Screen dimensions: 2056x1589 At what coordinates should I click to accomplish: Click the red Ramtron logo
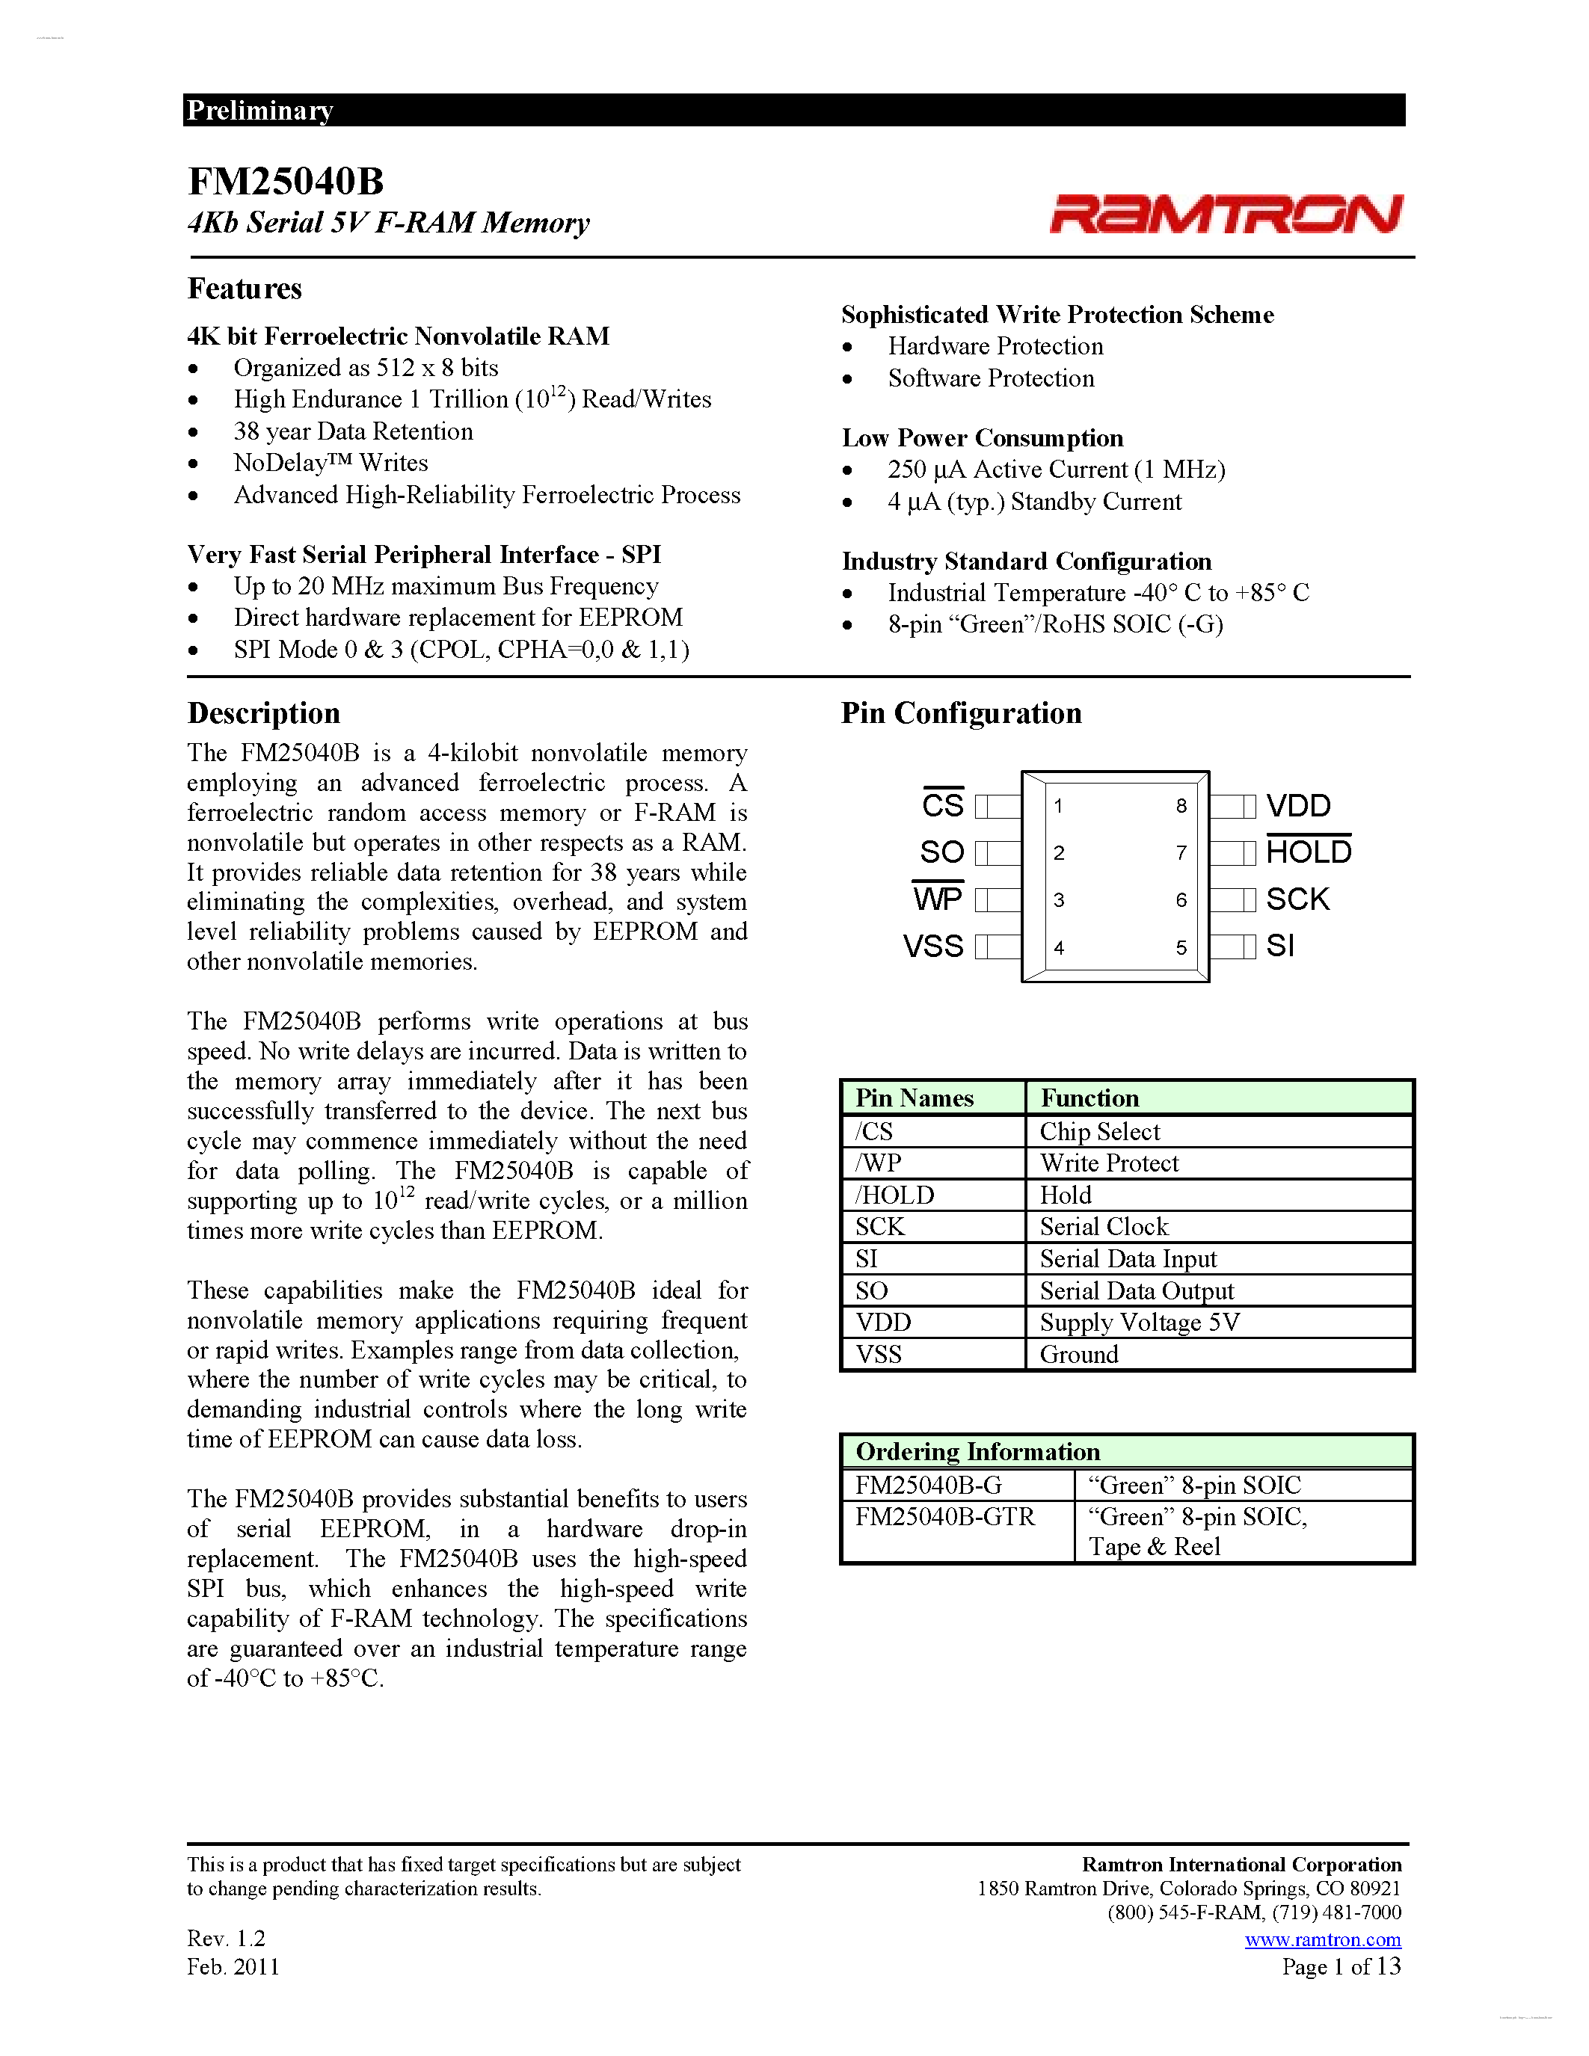pos(1226,214)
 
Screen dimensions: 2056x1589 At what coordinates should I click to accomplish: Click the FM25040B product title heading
pos(285,181)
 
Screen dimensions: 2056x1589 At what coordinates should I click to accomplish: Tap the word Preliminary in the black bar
pos(259,110)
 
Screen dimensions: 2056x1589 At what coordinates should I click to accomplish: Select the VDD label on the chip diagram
pos(1298,806)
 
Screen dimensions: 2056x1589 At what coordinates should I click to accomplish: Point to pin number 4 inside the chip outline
pos(1059,948)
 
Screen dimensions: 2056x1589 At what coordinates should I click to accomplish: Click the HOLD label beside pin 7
pos(1309,852)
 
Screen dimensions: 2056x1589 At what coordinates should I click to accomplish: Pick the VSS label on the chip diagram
pos(933,946)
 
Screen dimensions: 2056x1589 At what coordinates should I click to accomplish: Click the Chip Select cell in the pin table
pos(1099,1132)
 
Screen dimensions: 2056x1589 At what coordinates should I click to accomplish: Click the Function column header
pos(1089,1098)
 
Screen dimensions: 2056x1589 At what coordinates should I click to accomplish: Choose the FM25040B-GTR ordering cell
pos(944,1517)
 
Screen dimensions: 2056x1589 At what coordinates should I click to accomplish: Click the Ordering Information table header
pos(977,1452)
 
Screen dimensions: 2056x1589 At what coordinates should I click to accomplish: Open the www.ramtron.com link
pos(1323,1939)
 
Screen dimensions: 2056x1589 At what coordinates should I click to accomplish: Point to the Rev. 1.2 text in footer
pos(226,1939)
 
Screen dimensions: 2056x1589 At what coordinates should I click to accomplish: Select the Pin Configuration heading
pos(961,713)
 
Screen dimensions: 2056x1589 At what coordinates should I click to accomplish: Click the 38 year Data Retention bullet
pos(353,431)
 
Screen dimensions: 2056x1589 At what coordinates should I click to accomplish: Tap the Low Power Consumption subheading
pos(982,438)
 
